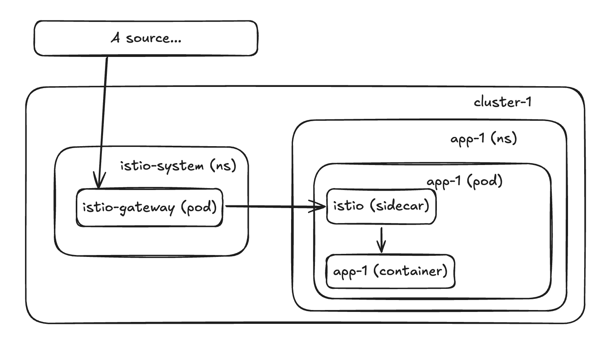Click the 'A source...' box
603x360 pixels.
(146, 38)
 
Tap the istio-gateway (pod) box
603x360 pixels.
(150, 207)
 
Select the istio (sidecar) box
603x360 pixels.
(381, 206)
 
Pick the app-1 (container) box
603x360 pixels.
(390, 271)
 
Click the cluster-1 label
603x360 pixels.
(502, 102)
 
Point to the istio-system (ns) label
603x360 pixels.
(178, 166)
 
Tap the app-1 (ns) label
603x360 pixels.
(483, 138)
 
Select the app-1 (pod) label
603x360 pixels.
(465, 181)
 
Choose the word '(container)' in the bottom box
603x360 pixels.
(411, 271)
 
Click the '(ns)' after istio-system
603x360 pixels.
(223, 166)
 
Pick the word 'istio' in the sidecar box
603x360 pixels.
(348, 206)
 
